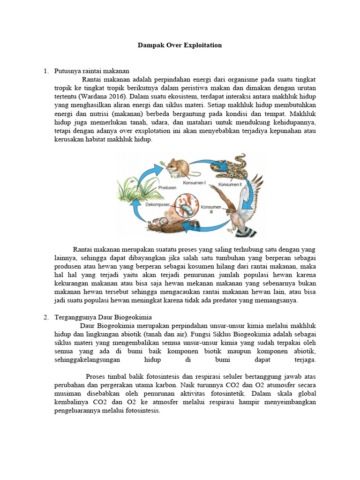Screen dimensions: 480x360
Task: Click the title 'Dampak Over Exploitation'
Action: pos(180,45)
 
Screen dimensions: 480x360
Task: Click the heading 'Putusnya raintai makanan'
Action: pos(91,71)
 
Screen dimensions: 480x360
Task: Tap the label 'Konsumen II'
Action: pos(230,185)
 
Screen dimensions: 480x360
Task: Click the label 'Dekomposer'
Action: pos(157,204)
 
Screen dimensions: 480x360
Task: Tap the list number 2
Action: pos(46,317)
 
